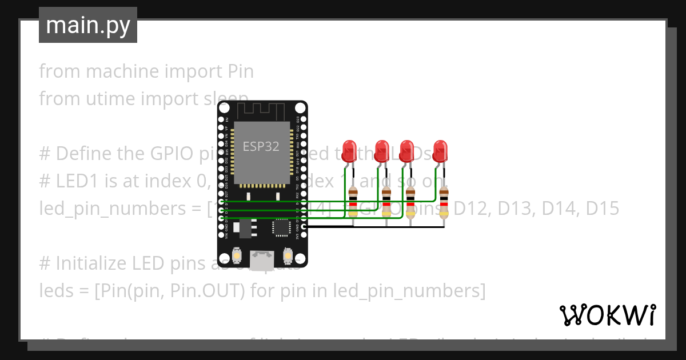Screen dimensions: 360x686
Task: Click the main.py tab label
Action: point(87,25)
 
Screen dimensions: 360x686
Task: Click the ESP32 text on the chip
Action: point(261,146)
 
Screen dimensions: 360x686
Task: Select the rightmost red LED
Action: point(440,150)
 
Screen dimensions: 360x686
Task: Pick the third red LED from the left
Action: point(407,150)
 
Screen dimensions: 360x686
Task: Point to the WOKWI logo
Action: point(607,315)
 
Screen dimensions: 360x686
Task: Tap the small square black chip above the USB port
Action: point(281,227)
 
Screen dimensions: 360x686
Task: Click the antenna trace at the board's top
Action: point(261,110)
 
